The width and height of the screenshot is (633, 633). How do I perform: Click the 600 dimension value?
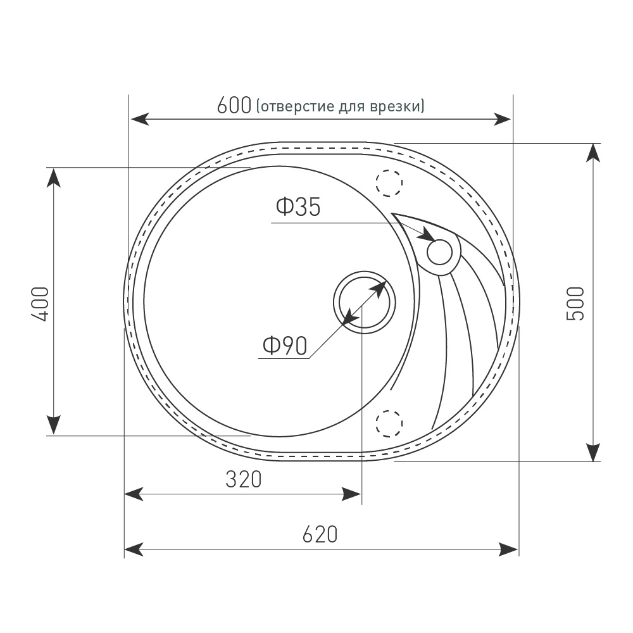pyautogui.click(x=234, y=106)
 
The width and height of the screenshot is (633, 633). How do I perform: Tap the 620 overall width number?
pyautogui.click(x=320, y=534)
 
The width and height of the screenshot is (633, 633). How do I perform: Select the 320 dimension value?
pyautogui.click(x=244, y=480)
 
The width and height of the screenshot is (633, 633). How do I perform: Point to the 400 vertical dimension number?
pyautogui.click(x=41, y=304)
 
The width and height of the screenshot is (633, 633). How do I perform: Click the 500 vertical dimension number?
pyautogui.click(x=575, y=304)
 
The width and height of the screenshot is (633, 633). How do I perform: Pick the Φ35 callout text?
pyautogui.click(x=298, y=207)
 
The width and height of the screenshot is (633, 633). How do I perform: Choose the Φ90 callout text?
pyautogui.click(x=285, y=346)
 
